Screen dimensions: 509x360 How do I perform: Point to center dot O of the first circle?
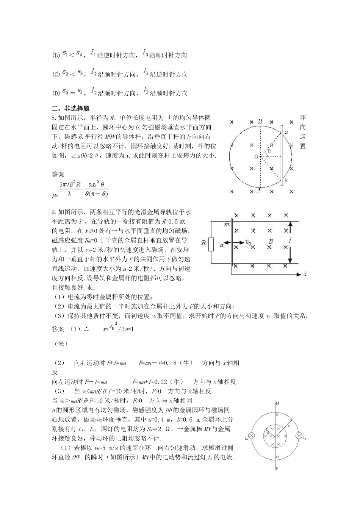point(260,156)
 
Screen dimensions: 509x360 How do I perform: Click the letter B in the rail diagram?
point(270,241)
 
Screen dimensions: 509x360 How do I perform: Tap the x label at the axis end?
point(304,273)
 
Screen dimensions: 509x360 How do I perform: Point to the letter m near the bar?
point(227,224)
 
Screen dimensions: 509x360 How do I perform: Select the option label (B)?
point(56,56)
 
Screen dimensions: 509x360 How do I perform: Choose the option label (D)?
point(56,94)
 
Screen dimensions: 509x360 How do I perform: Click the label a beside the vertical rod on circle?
point(286,132)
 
